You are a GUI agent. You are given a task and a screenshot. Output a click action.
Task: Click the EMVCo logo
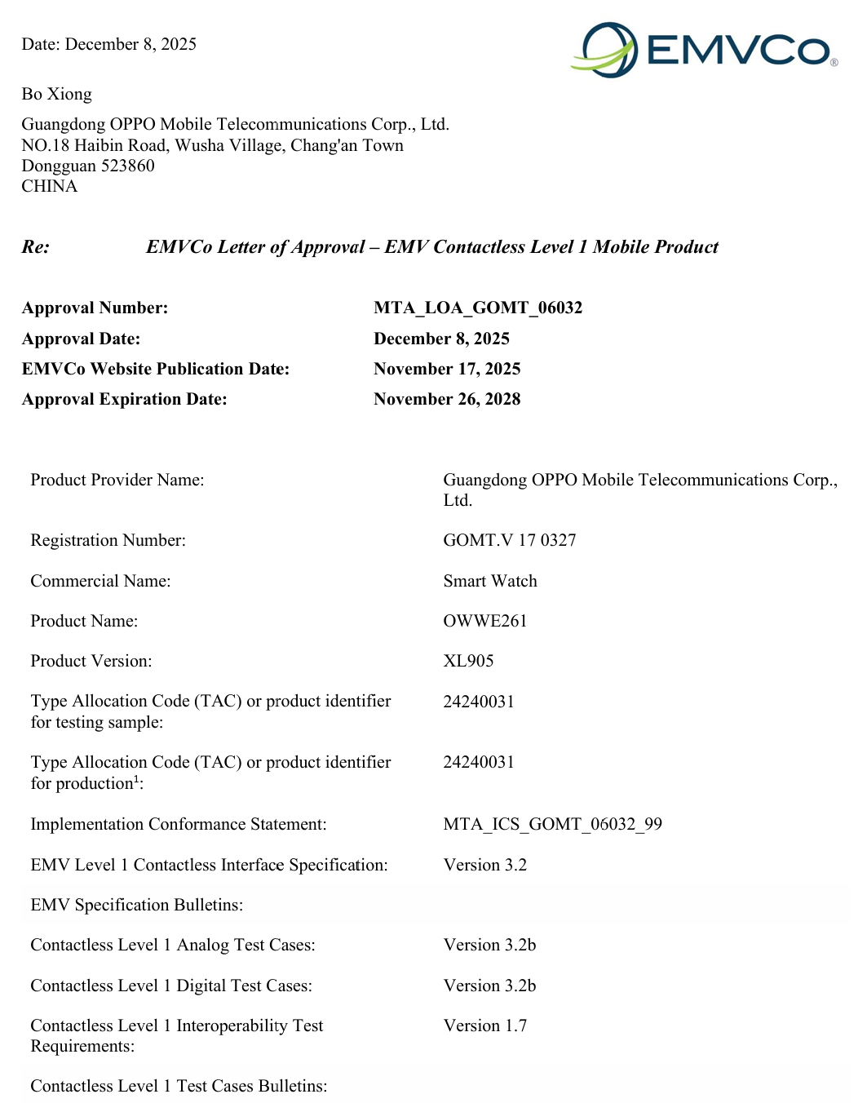coord(703,50)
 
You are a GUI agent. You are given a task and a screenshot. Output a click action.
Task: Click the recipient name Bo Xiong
coord(56,94)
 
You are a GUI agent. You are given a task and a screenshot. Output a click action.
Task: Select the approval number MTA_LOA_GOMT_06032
coord(478,308)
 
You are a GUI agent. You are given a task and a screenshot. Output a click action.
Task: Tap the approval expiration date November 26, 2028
coord(447,399)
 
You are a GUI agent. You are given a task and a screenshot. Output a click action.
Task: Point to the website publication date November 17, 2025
coord(447,369)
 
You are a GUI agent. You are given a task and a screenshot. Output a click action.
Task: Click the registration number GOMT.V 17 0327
coord(510,540)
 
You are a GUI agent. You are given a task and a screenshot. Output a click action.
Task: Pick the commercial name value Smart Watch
coord(490,581)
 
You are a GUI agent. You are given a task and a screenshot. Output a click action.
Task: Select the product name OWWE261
coord(485,621)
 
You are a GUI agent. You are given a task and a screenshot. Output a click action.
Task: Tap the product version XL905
coord(468,661)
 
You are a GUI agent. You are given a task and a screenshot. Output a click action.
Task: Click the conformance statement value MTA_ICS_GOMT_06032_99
coord(553,824)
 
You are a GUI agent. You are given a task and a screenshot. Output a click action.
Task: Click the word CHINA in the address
coord(50,186)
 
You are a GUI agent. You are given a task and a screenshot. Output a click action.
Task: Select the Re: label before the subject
coord(36,247)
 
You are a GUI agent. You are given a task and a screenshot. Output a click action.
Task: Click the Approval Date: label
coord(81,339)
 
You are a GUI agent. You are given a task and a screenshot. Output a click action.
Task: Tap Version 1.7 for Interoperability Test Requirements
coord(485,1025)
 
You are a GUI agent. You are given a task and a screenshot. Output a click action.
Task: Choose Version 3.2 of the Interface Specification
coord(485,865)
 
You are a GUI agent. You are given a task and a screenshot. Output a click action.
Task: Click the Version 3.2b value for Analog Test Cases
coord(489,945)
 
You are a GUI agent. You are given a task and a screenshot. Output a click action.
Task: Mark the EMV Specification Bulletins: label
coord(137,905)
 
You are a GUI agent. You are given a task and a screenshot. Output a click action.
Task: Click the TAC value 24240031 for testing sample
coord(479,702)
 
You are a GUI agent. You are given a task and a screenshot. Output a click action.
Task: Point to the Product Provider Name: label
coord(117,480)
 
